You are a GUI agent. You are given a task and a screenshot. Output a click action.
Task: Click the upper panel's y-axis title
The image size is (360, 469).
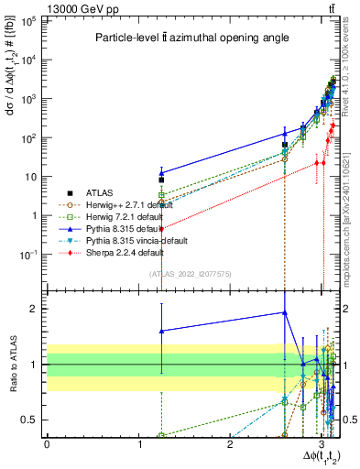tap(11, 92)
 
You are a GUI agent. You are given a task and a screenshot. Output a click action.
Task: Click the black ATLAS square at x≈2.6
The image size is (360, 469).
tap(285, 145)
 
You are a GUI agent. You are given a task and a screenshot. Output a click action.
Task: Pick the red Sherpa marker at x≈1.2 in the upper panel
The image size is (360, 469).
tap(161, 228)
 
